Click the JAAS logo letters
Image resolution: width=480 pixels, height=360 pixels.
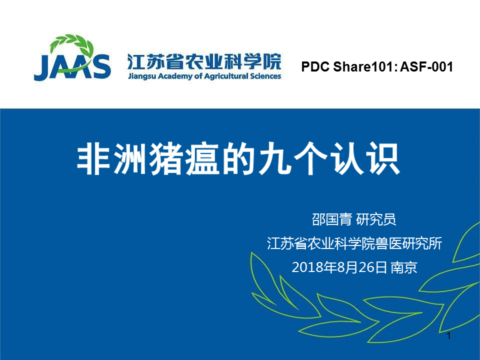click(x=72, y=67)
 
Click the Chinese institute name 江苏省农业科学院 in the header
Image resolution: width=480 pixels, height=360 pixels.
click(x=204, y=62)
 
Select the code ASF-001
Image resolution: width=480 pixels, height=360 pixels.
click(x=426, y=66)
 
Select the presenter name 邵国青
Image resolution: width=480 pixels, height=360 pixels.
click(x=331, y=219)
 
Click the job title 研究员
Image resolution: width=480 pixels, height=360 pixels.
click(x=376, y=219)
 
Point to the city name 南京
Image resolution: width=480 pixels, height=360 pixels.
click(x=404, y=267)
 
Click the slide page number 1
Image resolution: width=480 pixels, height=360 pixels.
click(x=449, y=336)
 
